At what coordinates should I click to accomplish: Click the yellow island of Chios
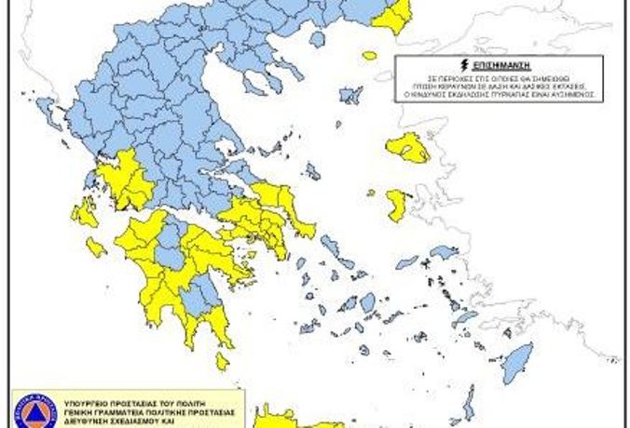pyautogui.click(x=397, y=205)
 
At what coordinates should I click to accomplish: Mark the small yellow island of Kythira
pyautogui.click(x=222, y=361)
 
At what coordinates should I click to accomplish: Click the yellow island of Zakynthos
pyautogui.click(x=95, y=247)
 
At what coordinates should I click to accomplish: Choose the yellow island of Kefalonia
pyautogui.click(x=84, y=213)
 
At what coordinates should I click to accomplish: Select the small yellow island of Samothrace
pyautogui.click(x=370, y=56)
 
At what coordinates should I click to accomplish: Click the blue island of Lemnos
pyautogui.click(x=351, y=94)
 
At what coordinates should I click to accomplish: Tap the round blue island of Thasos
pyautogui.click(x=318, y=39)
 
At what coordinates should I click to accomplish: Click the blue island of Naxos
pyautogui.click(x=368, y=301)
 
